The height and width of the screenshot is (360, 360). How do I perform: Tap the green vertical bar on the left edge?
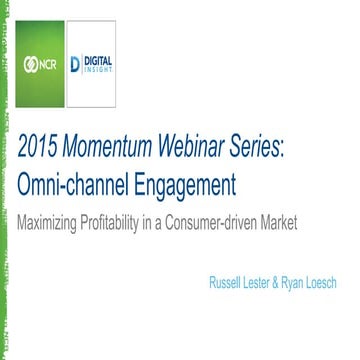click(x=4, y=180)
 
